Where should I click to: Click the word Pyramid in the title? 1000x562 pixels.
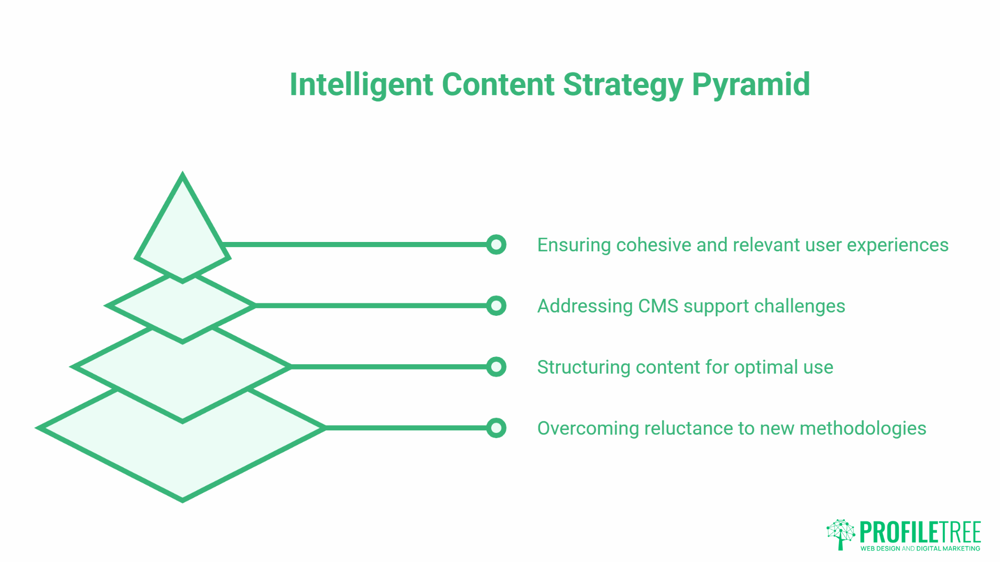coord(751,85)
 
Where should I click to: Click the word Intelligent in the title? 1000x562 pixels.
coord(361,85)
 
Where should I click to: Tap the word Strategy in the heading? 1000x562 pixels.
coord(623,85)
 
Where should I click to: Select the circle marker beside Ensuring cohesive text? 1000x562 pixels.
coord(496,245)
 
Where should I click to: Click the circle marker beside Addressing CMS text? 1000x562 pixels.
coord(496,305)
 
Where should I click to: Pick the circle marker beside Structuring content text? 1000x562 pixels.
coord(496,367)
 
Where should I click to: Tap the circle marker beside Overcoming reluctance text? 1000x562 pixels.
coord(496,428)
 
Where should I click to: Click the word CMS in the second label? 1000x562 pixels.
coord(658,306)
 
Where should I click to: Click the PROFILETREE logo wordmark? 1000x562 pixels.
coord(920,532)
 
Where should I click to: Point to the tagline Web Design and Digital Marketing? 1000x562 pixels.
coord(920,548)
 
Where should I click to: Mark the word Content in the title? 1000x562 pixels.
coord(497,85)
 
